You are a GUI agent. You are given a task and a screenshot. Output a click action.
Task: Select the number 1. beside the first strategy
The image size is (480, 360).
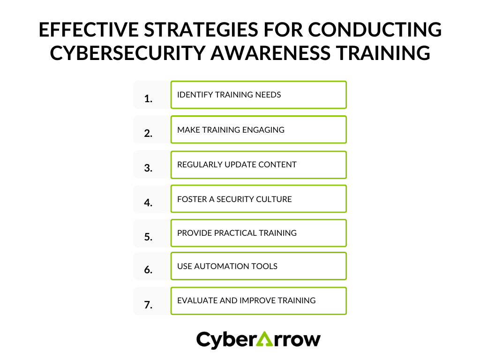tap(149, 99)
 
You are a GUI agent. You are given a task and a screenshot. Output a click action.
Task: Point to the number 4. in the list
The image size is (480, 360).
tap(149, 203)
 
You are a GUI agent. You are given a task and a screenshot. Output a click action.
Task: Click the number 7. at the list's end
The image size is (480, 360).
tap(149, 305)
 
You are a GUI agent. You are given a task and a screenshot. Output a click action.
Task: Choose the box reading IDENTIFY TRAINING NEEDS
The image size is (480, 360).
tap(258, 95)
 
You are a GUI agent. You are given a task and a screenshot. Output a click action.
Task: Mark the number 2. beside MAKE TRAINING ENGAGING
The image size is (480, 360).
tap(149, 133)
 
